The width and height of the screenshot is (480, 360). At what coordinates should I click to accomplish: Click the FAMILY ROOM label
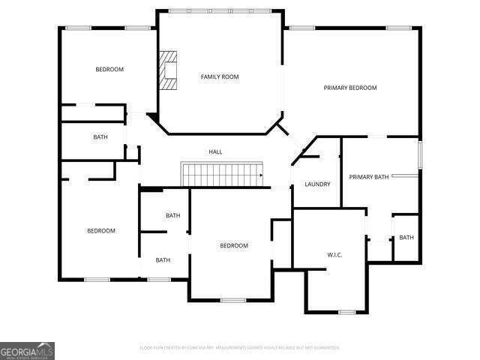[x=219, y=76]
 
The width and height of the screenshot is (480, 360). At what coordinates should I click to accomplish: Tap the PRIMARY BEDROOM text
[x=349, y=88]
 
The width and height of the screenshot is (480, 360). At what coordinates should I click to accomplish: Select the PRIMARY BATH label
[x=369, y=177]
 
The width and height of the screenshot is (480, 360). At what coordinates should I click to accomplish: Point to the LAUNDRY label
[x=317, y=184]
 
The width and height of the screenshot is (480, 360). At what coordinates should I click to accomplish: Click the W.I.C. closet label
[x=334, y=255]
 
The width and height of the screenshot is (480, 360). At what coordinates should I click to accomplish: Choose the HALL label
[x=215, y=152]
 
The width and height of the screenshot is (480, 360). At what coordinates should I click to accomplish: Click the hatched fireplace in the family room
[x=169, y=70]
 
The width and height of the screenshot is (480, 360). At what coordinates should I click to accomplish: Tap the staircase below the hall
[x=222, y=175]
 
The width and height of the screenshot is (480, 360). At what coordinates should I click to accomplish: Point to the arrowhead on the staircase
[x=260, y=175]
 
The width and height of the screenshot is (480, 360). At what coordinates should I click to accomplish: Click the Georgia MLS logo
[x=27, y=350]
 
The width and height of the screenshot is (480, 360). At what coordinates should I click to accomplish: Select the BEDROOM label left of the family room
[x=109, y=70]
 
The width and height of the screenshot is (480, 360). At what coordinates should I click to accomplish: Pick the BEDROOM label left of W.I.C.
[x=233, y=246]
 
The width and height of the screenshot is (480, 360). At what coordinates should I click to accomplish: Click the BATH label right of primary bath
[x=406, y=238]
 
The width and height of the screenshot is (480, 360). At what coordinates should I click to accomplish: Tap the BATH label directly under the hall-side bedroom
[x=100, y=137]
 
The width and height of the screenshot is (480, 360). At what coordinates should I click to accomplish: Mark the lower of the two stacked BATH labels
[x=163, y=260]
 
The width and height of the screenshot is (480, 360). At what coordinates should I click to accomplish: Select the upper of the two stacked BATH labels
[x=172, y=216]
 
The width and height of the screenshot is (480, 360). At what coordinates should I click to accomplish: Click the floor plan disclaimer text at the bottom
[x=239, y=348]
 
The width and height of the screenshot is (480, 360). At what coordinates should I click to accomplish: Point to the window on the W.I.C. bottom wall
[x=346, y=312]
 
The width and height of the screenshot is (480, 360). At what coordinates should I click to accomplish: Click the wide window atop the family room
[x=220, y=10]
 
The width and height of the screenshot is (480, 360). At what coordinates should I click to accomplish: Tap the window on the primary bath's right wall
[x=420, y=155]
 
